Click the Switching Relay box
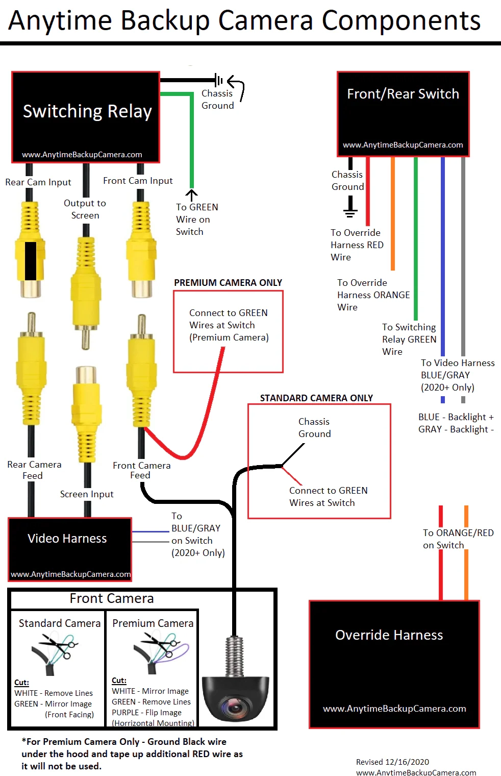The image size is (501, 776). (x=86, y=117)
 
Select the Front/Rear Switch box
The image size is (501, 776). (x=403, y=114)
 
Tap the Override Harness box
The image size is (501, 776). (x=394, y=664)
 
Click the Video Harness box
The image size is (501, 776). (x=70, y=549)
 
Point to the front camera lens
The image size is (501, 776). (x=235, y=707)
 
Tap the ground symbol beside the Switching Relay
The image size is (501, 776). (x=219, y=80)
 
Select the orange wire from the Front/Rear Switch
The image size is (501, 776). (x=392, y=214)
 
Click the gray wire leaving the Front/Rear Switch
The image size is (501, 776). (x=463, y=255)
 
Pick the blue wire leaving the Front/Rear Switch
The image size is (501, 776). (x=442, y=255)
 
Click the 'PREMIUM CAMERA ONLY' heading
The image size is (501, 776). (x=228, y=283)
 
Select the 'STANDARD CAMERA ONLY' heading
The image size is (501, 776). (x=316, y=398)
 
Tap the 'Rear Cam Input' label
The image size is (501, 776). (x=38, y=182)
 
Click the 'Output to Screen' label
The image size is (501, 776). (x=85, y=209)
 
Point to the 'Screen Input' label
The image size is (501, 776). (x=87, y=494)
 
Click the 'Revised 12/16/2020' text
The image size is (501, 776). (x=392, y=762)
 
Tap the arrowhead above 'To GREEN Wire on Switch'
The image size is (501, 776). (x=191, y=193)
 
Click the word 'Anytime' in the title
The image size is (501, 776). (x=60, y=21)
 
